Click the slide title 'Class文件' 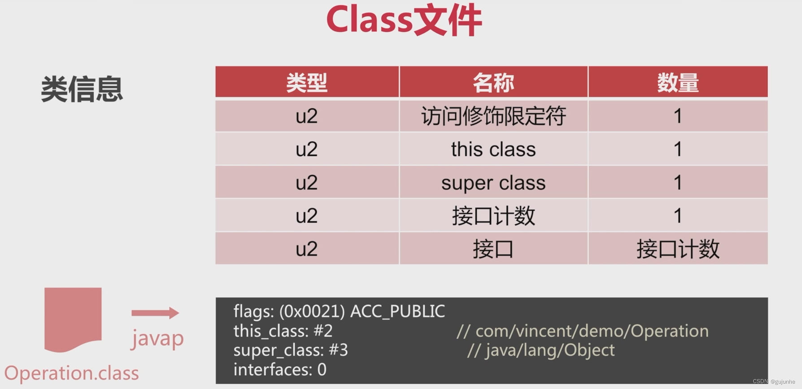click(x=404, y=20)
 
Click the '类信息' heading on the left click(x=82, y=89)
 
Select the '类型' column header click(x=307, y=83)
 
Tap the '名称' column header click(x=493, y=83)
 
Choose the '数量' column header click(x=678, y=83)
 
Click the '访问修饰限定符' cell click(x=493, y=116)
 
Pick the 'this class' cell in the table click(x=493, y=149)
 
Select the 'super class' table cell click(x=493, y=183)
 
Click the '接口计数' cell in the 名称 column click(x=493, y=216)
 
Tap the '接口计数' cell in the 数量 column click(x=678, y=249)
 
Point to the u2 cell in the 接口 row click(x=307, y=249)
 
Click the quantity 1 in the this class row click(x=678, y=149)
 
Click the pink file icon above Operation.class click(x=73, y=319)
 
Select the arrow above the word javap click(x=155, y=313)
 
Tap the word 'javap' click(x=157, y=338)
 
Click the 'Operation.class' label click(x=72, y=373)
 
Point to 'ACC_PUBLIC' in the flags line click(x=397, y=311)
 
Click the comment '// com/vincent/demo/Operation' click(x=583, y=331)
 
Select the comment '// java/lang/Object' click(x=541, y=350)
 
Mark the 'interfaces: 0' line click(x=280, y=370)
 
